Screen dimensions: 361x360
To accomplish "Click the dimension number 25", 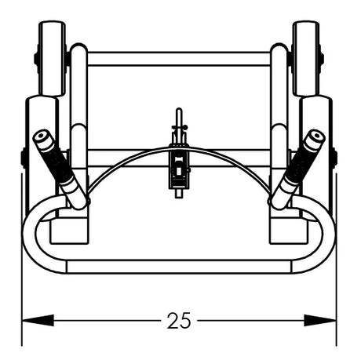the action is click(179, 320).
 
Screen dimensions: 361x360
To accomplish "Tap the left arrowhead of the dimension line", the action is click(38, 320).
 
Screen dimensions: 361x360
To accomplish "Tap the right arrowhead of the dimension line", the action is click(320, 320).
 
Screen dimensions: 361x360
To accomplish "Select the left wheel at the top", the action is click(52, 58).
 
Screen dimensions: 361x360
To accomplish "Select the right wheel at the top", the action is click(306, 58).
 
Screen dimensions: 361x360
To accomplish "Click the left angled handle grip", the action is click(60, 169).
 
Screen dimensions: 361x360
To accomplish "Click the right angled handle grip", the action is click(298, 169).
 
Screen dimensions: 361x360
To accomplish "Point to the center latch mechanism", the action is click(179, 170).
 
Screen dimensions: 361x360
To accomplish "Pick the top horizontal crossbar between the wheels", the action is click(179, 59).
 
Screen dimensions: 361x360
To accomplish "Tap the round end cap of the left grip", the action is click(42, 136).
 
